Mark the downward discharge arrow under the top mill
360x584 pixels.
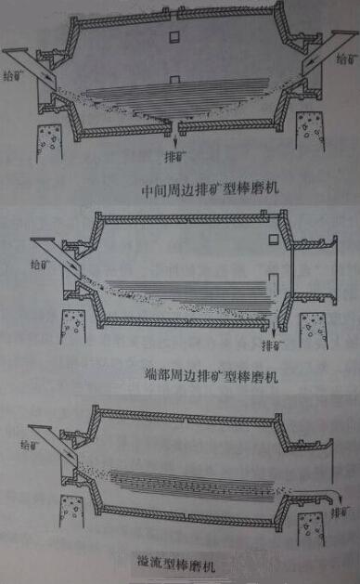[x=175, y=136]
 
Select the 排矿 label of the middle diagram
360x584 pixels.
[x=276, y=348]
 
